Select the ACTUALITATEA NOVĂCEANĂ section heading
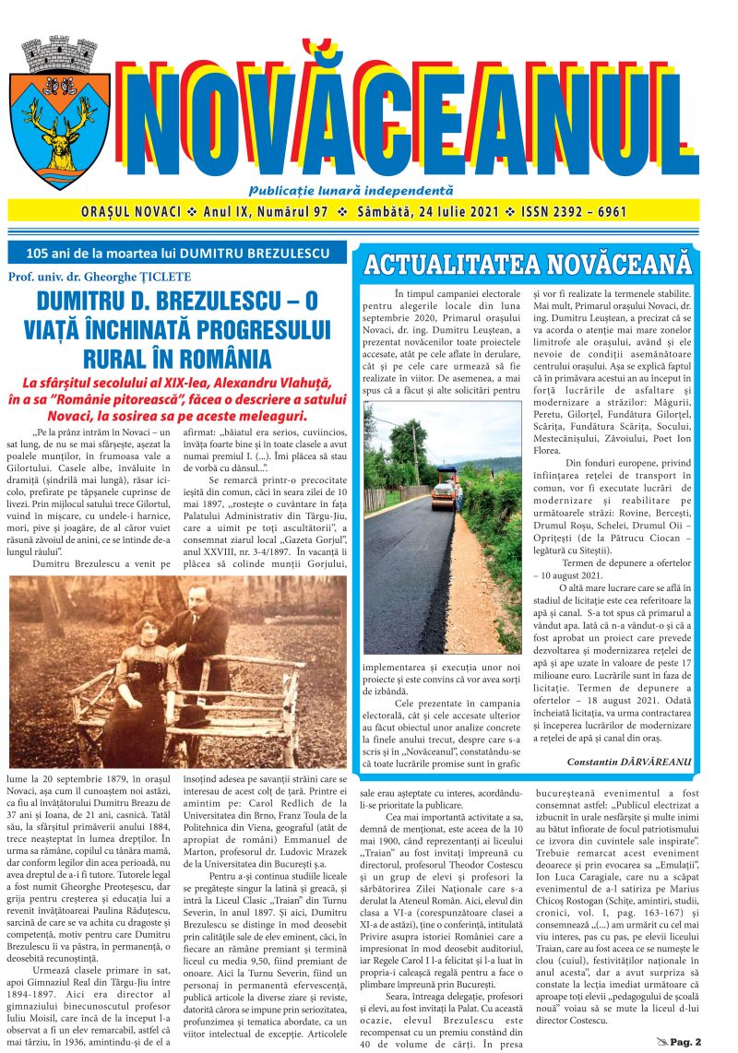[x=527, y=264]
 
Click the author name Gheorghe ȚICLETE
[x=150, y=276]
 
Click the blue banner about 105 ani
[x=178, y=252]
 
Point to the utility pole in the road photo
[x=415, y=454]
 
